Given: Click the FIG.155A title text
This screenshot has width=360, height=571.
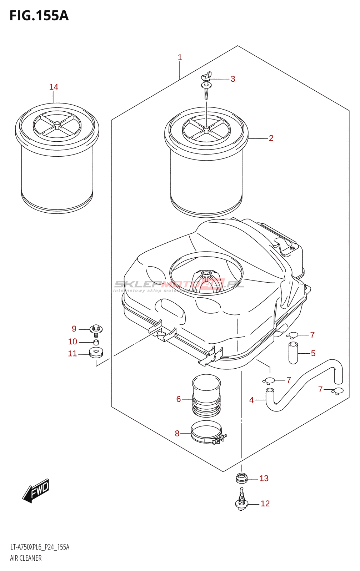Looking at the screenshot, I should [39, 16].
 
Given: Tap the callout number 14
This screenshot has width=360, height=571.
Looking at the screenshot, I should [54, 87].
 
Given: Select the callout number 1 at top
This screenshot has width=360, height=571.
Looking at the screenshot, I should [180, 57].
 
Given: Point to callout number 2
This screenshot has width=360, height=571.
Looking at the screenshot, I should [271, 138].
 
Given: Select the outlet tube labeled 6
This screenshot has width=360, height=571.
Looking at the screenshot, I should [206, 395].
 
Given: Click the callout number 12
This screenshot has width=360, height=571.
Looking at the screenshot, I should [265, 504].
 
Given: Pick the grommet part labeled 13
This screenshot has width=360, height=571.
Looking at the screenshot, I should [242, 477].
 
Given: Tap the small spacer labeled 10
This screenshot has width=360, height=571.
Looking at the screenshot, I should [96, 342].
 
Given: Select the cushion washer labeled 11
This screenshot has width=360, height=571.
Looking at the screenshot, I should [96, 353].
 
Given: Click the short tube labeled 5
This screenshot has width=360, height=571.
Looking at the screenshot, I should [293, 353].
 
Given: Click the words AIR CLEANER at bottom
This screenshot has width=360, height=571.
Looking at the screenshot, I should [26, 558].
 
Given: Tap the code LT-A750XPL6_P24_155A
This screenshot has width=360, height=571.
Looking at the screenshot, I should [40, 547].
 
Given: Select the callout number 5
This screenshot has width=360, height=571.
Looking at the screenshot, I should [313, 353].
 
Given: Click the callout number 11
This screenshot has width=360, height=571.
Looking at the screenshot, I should [72, 354].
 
